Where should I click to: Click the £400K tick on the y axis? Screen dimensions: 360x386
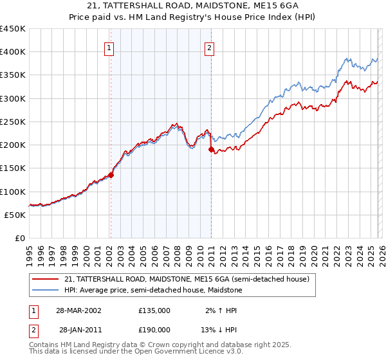coord(13,52)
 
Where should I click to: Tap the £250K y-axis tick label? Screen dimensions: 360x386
coord(13,122)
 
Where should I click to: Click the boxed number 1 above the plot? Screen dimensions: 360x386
coord(109,47)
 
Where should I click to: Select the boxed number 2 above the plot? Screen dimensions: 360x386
coord(210,47)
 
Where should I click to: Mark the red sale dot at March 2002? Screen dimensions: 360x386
coord(111,174)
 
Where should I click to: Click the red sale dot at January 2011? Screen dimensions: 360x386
coord(211,149)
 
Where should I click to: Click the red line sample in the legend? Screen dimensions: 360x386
coord(46,279)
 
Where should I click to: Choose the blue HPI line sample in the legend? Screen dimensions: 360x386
coord(46,290)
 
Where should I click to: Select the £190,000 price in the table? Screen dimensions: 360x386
coord(154,328)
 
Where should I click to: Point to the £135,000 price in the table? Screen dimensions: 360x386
coord(154,310)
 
